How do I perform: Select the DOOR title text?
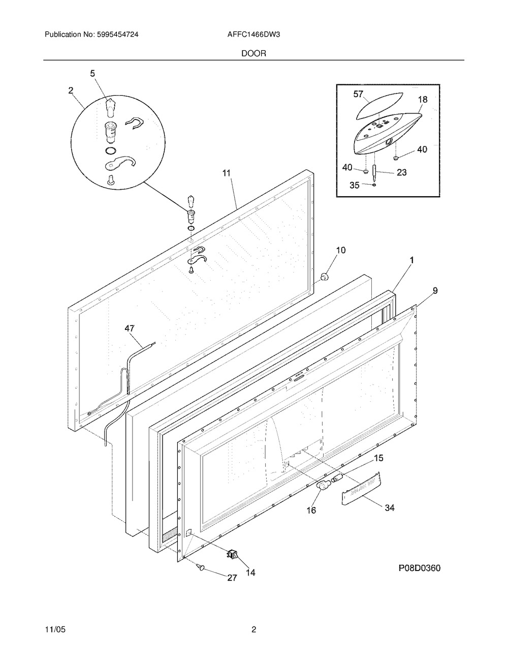pyautogui.click(x=254, y=53)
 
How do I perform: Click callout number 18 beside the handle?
pyautogui.click(x=423, y=100)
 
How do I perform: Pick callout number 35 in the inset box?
pyautogui.click(x=355, y=185)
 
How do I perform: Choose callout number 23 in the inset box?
pyautogui.click(x=401, y=172)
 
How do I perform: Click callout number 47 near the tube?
pyautogui.click(x=131, y=329)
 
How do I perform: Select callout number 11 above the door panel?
pyautogui.click(x=226, y=173)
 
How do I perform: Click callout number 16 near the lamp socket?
pyautogui.click(x=311, y=510)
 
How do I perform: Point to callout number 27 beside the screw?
pyautogui.click(x=232, y=578)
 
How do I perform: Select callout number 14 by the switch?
pyautogui.click(x=250, y=573)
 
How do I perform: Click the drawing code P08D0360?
pyautogui.click(x=419, y=569)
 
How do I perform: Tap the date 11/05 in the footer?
pyautogui.click(x=54, y=630)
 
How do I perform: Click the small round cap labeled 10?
pyautogui.click(x=323, y=276)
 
